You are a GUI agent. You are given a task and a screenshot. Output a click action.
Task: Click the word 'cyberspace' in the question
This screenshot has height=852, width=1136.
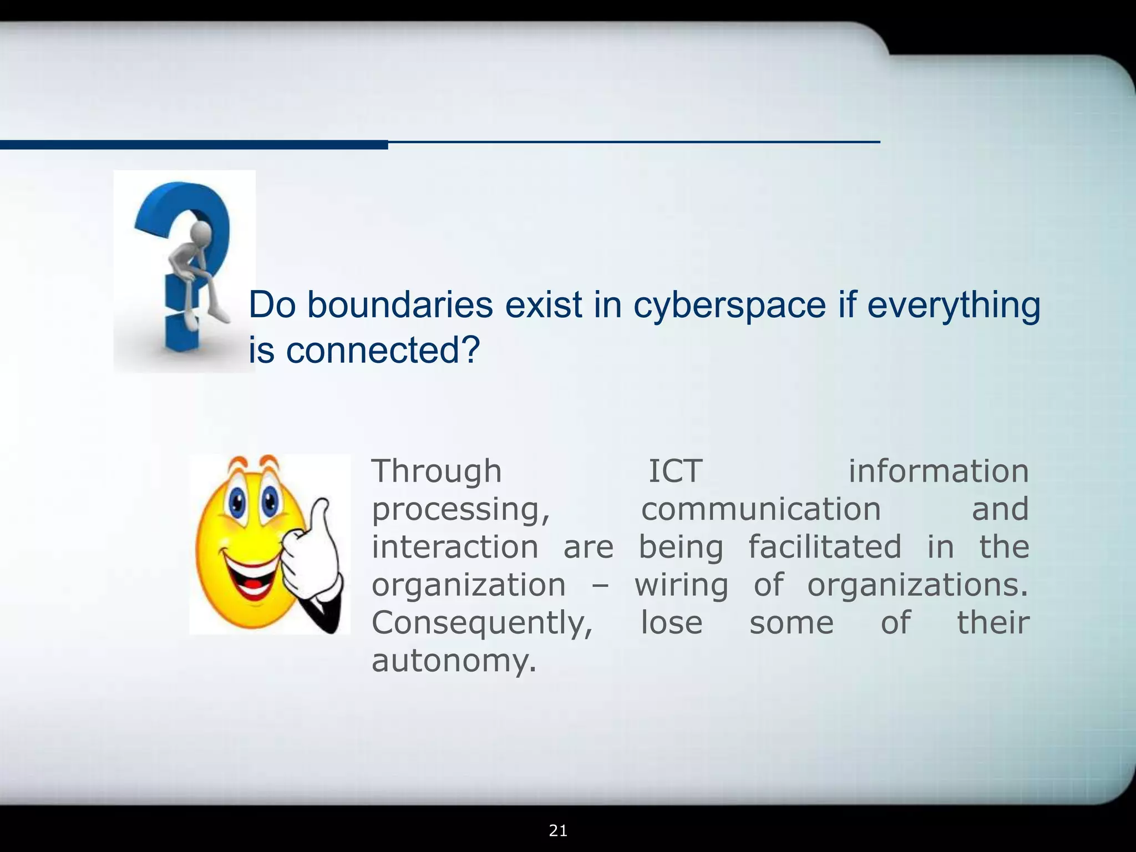point(729,305)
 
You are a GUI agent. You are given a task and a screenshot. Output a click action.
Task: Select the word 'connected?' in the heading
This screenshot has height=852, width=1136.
point(382,351)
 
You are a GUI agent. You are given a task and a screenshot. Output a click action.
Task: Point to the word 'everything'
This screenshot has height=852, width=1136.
point(954,305)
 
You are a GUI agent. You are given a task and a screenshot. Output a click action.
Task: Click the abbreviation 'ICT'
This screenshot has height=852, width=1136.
point(675,471)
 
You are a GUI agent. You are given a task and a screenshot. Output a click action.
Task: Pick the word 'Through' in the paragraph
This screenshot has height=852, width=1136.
point(437,471)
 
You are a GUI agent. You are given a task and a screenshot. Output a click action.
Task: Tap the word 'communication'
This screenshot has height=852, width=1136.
point(761,509)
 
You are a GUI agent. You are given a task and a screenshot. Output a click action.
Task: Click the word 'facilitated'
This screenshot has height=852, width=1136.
point(825,547)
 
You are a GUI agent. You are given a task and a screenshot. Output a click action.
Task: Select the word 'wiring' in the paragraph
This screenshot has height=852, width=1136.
point(681,585)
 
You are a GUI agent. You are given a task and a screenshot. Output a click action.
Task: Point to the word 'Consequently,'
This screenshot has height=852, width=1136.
point(482,623)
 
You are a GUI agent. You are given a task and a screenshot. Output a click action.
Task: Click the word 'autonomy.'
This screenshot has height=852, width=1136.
point(454,661)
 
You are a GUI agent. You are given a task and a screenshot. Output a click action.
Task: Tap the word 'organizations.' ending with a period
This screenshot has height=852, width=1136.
point(917,585)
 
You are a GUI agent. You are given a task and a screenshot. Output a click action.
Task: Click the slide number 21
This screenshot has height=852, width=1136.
point(558,830)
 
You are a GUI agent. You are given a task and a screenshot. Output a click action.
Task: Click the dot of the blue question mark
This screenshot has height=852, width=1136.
point(182,332)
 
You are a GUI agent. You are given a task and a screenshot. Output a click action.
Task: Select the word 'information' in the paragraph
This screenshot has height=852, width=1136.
point(939,471)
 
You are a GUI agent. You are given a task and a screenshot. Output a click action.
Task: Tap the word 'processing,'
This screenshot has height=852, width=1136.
point(460,509)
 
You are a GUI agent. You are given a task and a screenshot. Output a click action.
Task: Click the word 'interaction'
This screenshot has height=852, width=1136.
point(455,547)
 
